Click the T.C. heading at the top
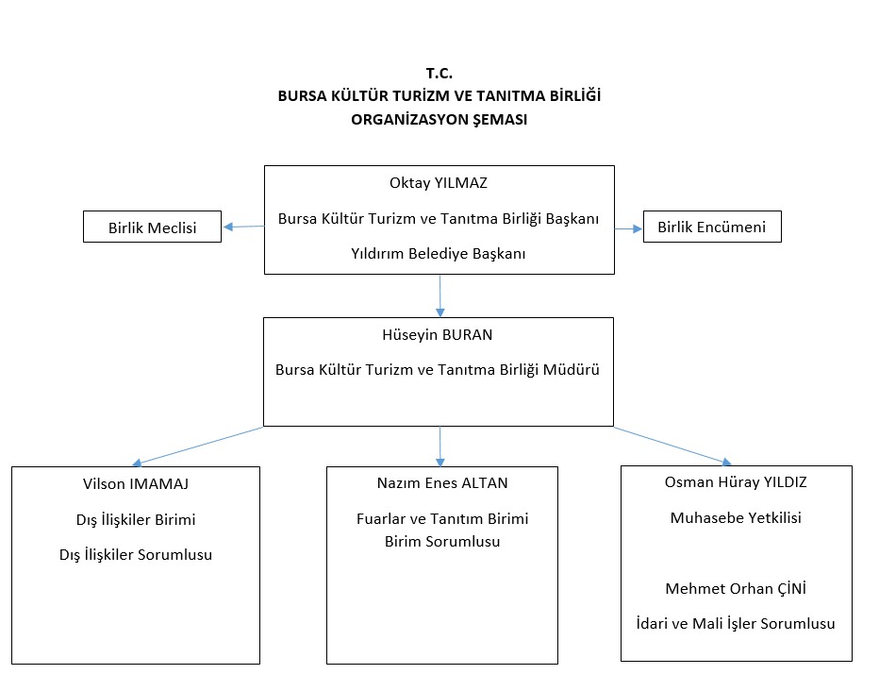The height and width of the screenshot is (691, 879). coord(439,73)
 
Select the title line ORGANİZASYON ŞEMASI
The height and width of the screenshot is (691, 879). coord(439,119)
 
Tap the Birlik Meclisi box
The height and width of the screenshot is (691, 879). coord(152,227)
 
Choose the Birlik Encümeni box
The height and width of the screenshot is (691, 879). coord(711,227)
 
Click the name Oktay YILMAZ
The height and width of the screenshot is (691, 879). coord(439,183)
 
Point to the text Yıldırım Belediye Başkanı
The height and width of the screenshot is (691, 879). coord(439,253)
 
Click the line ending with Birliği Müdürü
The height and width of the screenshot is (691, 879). coord(439,368)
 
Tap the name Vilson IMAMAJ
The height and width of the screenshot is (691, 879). coord(136,483)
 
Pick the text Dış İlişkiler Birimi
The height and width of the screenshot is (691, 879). coord(136,519)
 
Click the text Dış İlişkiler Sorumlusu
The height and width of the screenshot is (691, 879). coord(136,554)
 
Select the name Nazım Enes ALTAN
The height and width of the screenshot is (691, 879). coord(441,483)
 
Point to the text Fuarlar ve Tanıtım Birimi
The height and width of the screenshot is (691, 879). coord(441,519)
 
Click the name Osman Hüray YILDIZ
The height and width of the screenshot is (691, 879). coord(736,481)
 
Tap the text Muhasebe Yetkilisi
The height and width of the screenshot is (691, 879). coord(736,517)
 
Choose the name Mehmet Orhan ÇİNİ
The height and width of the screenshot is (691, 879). coord(736,588)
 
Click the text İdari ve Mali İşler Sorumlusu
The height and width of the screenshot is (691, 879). coord(736,623)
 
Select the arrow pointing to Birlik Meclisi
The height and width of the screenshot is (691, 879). coord(242,226)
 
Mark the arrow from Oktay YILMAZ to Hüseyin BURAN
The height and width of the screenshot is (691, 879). coord(439,295)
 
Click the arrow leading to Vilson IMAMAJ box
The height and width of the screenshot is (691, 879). coord(198,446)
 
